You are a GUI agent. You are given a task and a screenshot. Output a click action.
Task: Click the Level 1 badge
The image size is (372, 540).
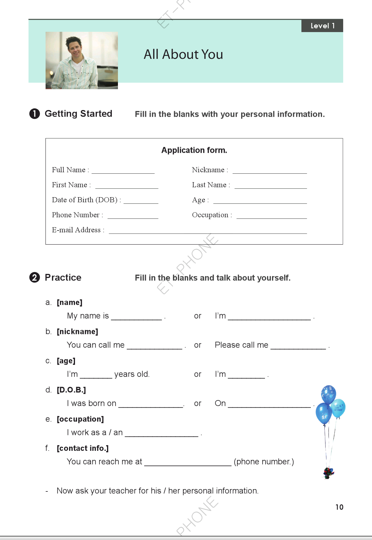click(x=322, y=26)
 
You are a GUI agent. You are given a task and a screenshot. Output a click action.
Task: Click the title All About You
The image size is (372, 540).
click(x=183, y=54)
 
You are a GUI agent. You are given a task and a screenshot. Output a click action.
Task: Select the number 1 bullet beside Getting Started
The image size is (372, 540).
click(x=34, y=114)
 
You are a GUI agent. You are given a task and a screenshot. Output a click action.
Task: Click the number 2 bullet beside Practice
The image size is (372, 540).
click(x=34, y=278)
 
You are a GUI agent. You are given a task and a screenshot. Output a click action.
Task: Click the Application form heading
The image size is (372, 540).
click(x=194, y=150)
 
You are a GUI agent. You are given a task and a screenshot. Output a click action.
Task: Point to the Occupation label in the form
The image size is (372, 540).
click(x=210, y=215)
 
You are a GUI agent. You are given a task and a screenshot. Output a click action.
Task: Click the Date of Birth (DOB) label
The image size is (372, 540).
click(x=84, y=200)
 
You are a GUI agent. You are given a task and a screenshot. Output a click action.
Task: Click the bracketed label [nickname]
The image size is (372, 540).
click(x=77, y=332)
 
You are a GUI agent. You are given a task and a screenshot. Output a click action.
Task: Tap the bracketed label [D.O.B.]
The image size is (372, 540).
click(x=71, y=390)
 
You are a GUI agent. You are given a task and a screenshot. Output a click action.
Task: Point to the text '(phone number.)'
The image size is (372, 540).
click(x=264, y=462)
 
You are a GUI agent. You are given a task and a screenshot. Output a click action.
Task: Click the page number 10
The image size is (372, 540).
click(x=339, y=507)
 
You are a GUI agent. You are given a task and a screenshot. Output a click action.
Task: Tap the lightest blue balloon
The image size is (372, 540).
click(x=338, y=408)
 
